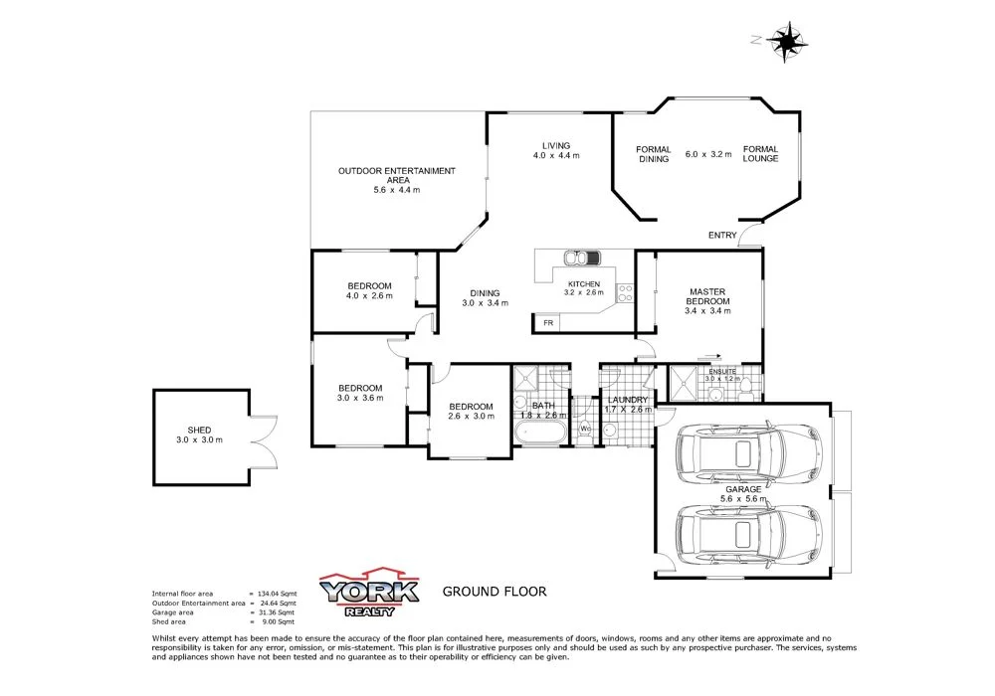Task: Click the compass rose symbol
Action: tap(788, 41)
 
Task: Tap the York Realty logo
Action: tap(368, 594)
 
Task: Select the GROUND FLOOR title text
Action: tap(495, 592)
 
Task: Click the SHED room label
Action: tap(199, 430)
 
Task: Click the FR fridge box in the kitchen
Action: tap(547, 323)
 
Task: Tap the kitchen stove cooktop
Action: tap(625, 293)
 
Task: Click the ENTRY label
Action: tap(722, 236)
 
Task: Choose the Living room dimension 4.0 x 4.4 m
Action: tap(556, 156)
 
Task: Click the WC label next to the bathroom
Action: tap(585, 430)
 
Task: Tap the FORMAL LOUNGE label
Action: tap(760, 154)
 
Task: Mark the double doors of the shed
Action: tap(263, 442)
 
